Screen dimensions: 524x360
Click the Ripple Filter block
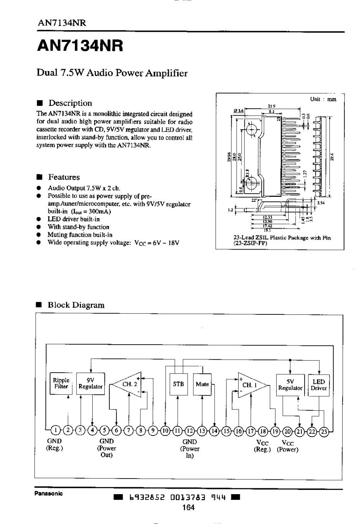tap(61, 383)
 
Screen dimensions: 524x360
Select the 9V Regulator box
tap(90, 383)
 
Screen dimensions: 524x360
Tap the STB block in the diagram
tap(178, 384)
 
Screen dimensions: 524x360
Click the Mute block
tap(202, 384)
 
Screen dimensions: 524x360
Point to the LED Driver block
tap(318, 385)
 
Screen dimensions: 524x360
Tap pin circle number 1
tap(56, 430)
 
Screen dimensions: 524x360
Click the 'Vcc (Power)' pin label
tap(287, 446)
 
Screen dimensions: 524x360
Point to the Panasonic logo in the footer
tap(48, 494)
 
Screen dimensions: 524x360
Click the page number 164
tap(188, 507)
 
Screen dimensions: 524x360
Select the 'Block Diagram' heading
tap(76, 305)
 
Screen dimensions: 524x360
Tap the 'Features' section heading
tap(64, 177)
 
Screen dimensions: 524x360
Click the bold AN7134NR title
tap(80, 46)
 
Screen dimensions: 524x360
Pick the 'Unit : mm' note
tap(323, 99)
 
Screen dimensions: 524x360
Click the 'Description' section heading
tap(70, 103)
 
